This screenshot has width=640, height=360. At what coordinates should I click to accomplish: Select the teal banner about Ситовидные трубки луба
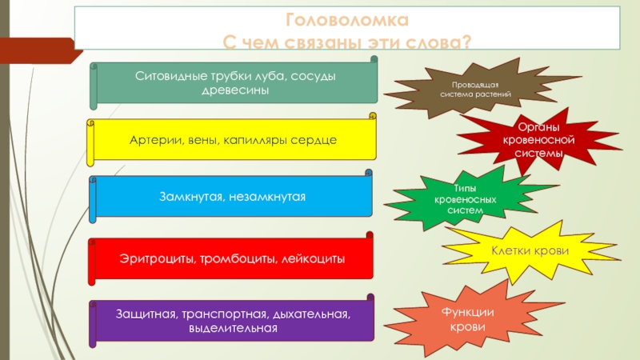pos(234,82)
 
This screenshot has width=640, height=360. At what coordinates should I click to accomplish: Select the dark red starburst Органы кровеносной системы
pos(537,140)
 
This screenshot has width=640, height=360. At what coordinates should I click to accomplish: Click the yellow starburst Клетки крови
pos(530,251)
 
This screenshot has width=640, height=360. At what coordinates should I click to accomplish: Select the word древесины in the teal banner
pos(234,90)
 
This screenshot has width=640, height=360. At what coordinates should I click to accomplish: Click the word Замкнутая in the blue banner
pos(187,197)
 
